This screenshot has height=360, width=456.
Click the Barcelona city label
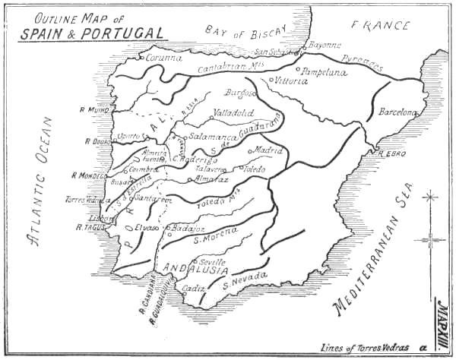pos(398,112)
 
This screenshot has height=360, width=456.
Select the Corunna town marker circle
pos(141,57)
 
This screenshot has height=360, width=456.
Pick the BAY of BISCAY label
pos(245,32)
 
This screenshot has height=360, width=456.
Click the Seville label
pos(212,261)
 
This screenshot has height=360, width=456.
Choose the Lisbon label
pos(93,216)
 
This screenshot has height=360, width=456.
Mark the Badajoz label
pos(188,227)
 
